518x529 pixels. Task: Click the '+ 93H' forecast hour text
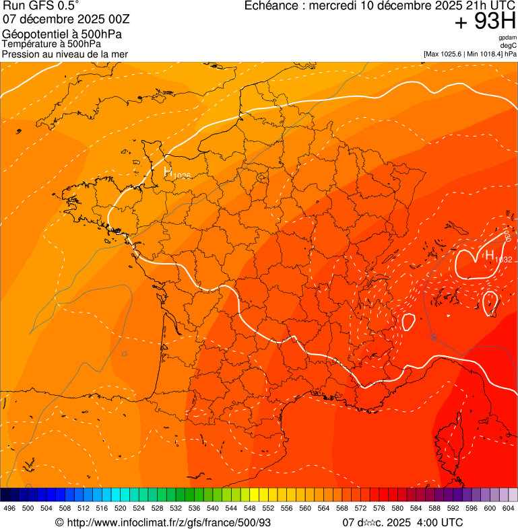[485, 22]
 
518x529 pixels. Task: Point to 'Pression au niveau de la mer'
[65, 54]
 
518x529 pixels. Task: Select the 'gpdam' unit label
[508, 37]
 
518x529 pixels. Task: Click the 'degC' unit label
[509, 45]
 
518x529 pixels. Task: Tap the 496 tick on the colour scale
[9, 508]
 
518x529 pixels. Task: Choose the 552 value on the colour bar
[268, 508]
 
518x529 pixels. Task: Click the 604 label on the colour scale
[509, 508]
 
